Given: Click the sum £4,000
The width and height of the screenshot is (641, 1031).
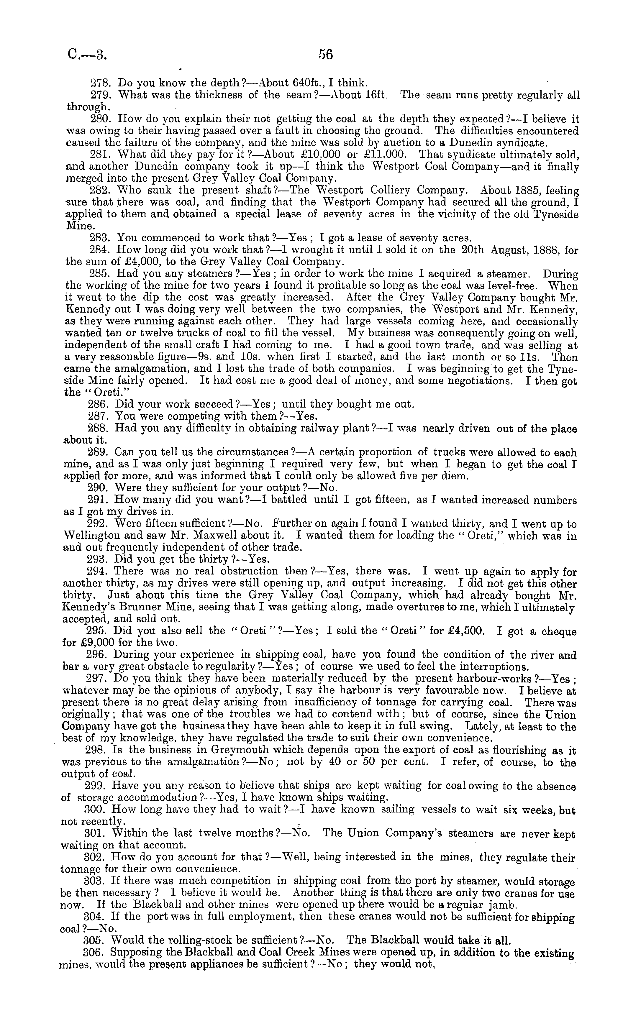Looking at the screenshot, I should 136,262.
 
